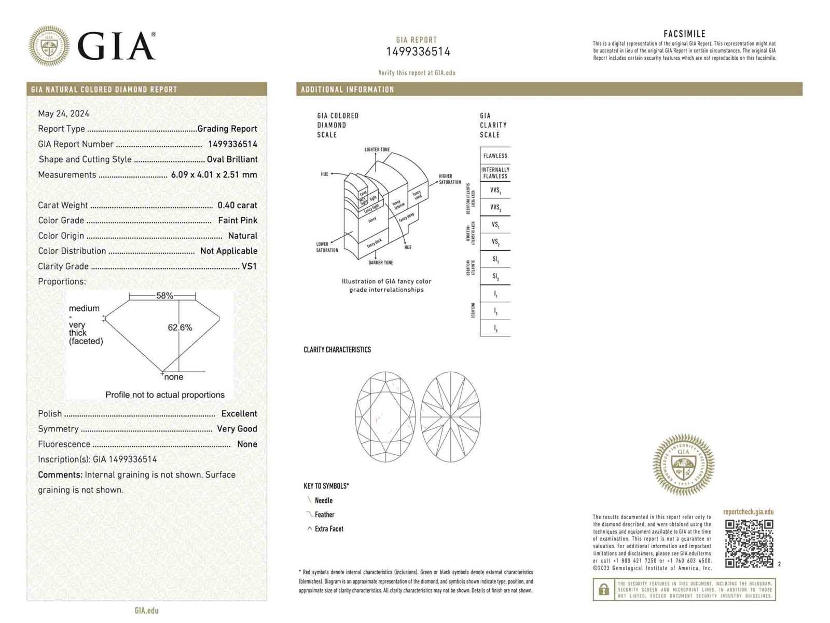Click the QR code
749,544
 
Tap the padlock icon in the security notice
603,590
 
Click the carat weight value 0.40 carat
237,205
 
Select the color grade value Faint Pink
238,220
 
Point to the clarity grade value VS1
249,266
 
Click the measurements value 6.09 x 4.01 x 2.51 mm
214,174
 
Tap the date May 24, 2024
63,113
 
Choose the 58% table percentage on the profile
164,295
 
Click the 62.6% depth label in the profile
179,328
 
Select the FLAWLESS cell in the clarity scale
495,156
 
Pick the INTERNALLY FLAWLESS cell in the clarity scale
495,173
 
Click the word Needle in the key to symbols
324,500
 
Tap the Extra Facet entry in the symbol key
329,529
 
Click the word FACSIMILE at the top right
684,34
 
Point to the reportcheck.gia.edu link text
748,512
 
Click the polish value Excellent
239,414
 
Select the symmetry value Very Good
237,429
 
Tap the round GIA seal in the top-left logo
49,46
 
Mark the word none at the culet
174,377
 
